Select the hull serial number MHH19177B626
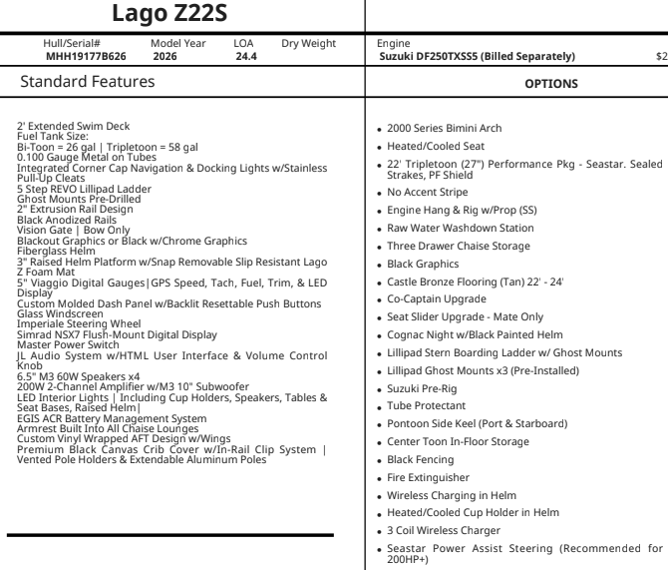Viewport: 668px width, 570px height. [x=86, y=57]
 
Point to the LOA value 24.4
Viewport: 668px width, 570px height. [x=245, y=57]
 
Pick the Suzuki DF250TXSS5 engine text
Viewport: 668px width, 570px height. [x=478, y=57]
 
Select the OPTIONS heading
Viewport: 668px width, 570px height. [x=550, y=83]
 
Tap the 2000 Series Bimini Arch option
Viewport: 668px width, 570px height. [x=446, y=129]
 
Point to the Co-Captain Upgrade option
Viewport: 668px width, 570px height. [x=438, y=298]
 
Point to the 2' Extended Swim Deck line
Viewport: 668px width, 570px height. [x=72, y=124]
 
